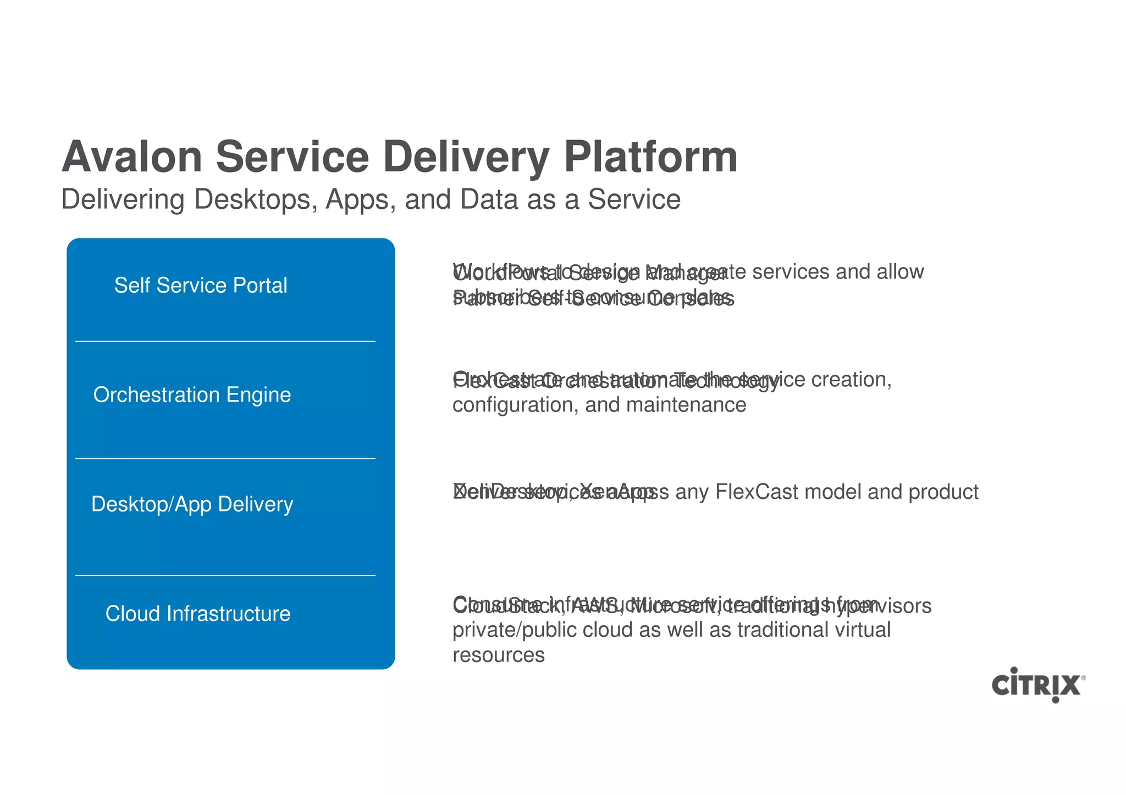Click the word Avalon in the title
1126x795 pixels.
click(x=132, y=157)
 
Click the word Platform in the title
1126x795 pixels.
click(x=650, y=157)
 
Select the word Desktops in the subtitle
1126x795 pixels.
click(x=256, y=199)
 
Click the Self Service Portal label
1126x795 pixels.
click(x=201, y=286)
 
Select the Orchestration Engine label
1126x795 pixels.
click(x=192, y=395)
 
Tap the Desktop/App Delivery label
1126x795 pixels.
click(x=192, y=504)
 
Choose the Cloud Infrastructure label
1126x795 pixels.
click(x=198, y=614)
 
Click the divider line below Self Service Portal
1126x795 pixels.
click(x=225, y=341)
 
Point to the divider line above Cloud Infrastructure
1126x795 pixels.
click(x=225, y=575)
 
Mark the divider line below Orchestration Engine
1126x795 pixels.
click(x=225, y=458)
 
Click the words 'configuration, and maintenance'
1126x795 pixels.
click(x=599, y=405)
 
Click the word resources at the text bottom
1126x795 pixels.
click(x=498, y=655)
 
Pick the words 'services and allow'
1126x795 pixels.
click(x=837, y=272)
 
